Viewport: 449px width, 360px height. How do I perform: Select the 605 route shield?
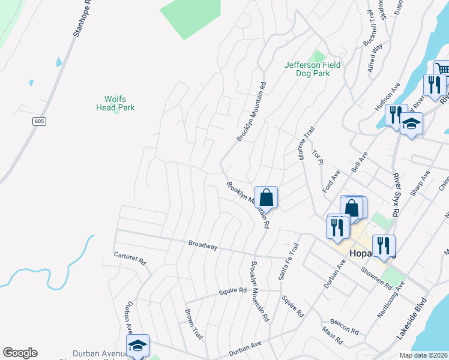click(x=39, y=121)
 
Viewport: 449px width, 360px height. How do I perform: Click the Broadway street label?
click(x=202, y=245)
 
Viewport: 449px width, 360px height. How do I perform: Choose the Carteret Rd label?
click(x=130, y=259)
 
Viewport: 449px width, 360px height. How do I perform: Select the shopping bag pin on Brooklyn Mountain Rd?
click(x=266, y=196)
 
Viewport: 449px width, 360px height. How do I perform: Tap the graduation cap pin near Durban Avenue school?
click(x=137, y=345)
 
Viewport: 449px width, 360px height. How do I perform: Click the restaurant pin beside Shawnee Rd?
click(x=384, y=245)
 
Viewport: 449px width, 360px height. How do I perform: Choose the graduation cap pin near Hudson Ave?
click(x=411, y=124)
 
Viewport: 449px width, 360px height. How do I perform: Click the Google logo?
click(x=20, y=353)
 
